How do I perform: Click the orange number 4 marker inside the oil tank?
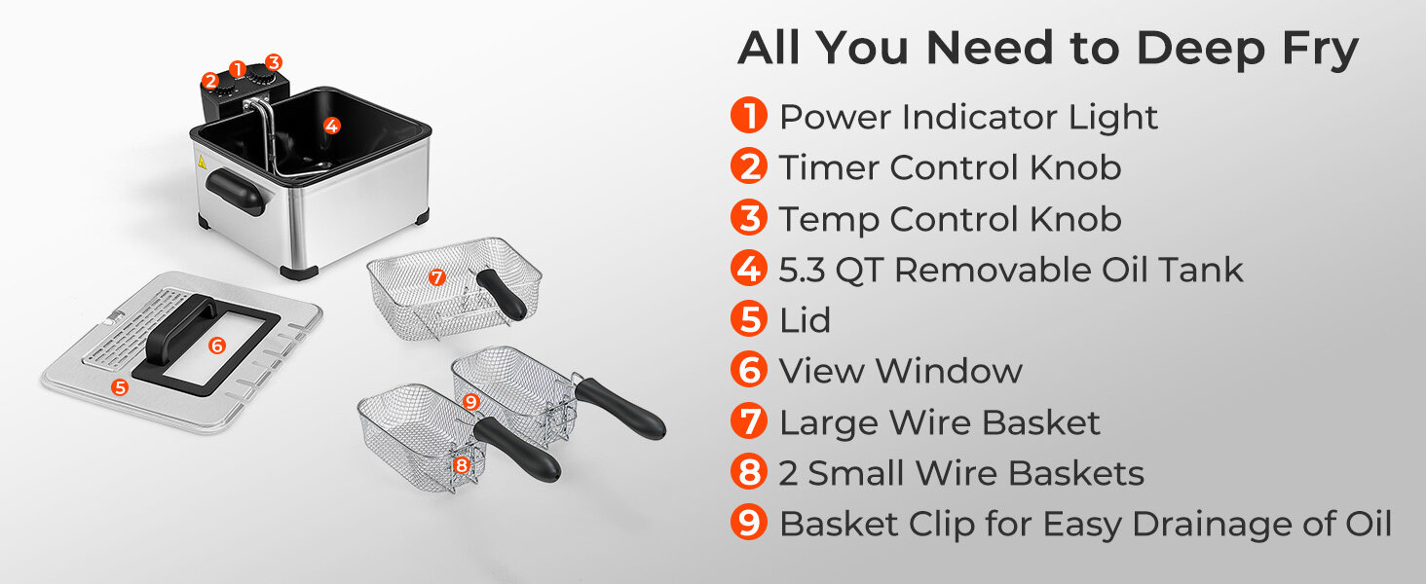click(x=331, y=126)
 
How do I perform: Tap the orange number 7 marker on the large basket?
click(x=436, y=277)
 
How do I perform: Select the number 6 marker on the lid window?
click(x=217, y=346)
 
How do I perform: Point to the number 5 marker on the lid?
click(x=119, y=386)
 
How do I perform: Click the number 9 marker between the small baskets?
click(x=470, y=402)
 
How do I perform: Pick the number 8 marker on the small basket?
click(x=462, y=465)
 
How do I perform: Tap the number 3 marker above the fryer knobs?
click(x=273, y=62)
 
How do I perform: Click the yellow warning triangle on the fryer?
click(x=202, y=161)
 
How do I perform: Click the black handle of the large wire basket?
click(x=503, y=294)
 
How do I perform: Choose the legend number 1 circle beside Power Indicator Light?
click(x=749, y=115)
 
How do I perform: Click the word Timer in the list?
click(x=828, y=167)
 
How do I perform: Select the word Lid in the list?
click(x=806, y=319)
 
